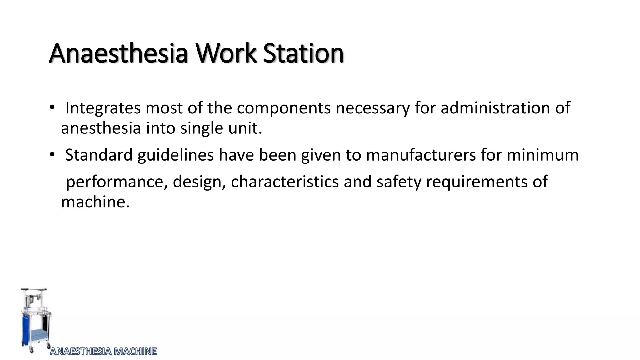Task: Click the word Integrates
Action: tap(102, 108)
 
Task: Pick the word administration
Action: tap(495, 108)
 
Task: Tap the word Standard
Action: tap(99, 155)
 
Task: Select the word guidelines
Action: tap(176, 155)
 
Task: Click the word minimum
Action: tap(542, 155)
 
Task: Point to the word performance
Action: tap(115, 182)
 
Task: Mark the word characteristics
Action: tap(285, 182)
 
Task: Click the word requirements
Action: tap(477, 182)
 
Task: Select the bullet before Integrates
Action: tap(52, 108)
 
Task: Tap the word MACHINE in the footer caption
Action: tap(135, 352)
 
